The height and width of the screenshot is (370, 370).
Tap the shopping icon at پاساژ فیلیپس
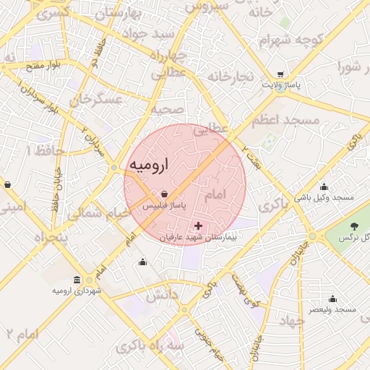165,194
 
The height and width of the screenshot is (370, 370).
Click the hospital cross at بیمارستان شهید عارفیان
199,226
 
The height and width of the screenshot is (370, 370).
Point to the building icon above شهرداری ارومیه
77,280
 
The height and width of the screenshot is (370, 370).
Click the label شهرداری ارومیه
77,291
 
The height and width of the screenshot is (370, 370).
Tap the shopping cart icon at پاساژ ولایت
280,74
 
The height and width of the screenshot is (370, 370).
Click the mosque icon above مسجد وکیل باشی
332,186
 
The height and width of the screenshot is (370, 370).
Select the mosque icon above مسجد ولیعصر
332,298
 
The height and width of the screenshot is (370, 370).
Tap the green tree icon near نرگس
353,227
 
